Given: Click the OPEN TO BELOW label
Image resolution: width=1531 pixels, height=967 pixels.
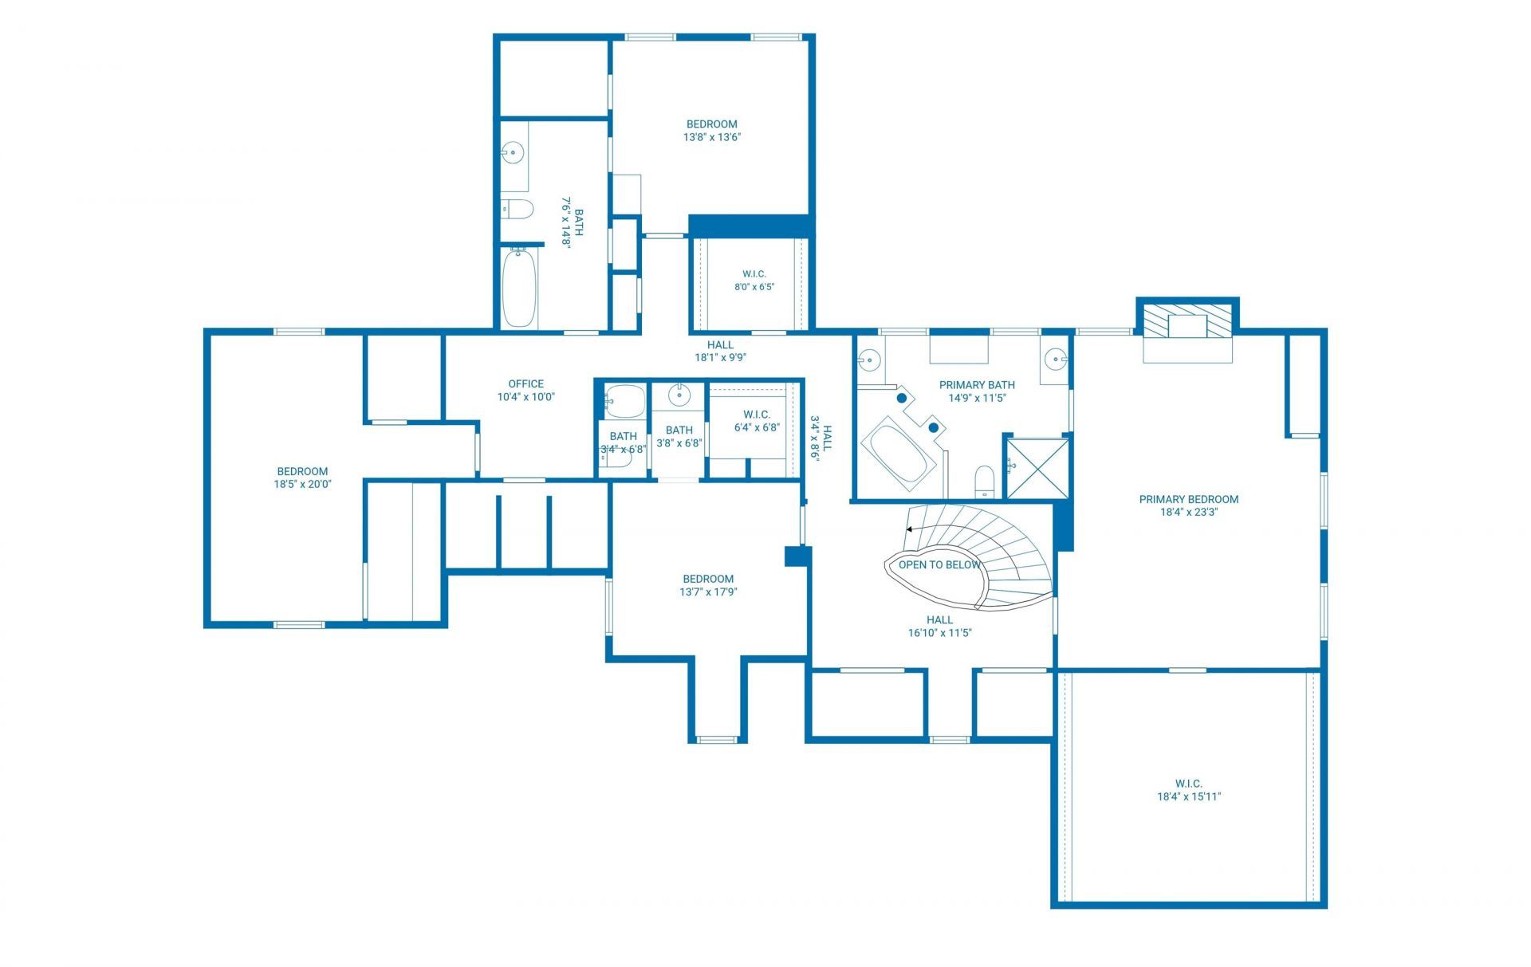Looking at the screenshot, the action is point(939,564).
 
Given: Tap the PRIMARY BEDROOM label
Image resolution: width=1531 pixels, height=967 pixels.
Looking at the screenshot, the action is point(1188,499).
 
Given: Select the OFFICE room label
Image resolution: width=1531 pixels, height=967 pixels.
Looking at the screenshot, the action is point(525,383).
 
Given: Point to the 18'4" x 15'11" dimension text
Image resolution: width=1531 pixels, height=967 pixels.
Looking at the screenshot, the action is point(1188,796).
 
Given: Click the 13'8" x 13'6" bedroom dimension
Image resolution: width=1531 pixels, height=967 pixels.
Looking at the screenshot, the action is point(711,136).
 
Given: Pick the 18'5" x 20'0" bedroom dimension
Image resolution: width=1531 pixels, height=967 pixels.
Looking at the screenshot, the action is point(302,483).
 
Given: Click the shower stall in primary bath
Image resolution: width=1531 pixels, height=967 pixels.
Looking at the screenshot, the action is point(1037,468).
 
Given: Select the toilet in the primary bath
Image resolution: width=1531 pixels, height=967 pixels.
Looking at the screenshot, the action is point(986,482).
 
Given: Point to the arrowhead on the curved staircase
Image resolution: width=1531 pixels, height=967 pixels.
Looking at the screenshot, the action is point(910,529).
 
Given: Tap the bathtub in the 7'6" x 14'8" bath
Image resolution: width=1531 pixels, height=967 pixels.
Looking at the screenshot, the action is point(519,287).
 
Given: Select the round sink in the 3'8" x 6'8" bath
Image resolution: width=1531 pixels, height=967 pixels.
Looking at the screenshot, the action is point(679,393).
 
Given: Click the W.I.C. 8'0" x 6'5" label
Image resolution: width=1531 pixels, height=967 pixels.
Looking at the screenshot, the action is point(754,280).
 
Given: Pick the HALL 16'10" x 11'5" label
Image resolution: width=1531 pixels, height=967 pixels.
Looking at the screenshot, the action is point(939,626).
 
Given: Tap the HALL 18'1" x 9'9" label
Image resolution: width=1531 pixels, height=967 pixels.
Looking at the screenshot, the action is point(720,351).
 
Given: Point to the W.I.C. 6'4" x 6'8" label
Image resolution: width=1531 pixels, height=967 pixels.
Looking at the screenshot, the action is point(757,420).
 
